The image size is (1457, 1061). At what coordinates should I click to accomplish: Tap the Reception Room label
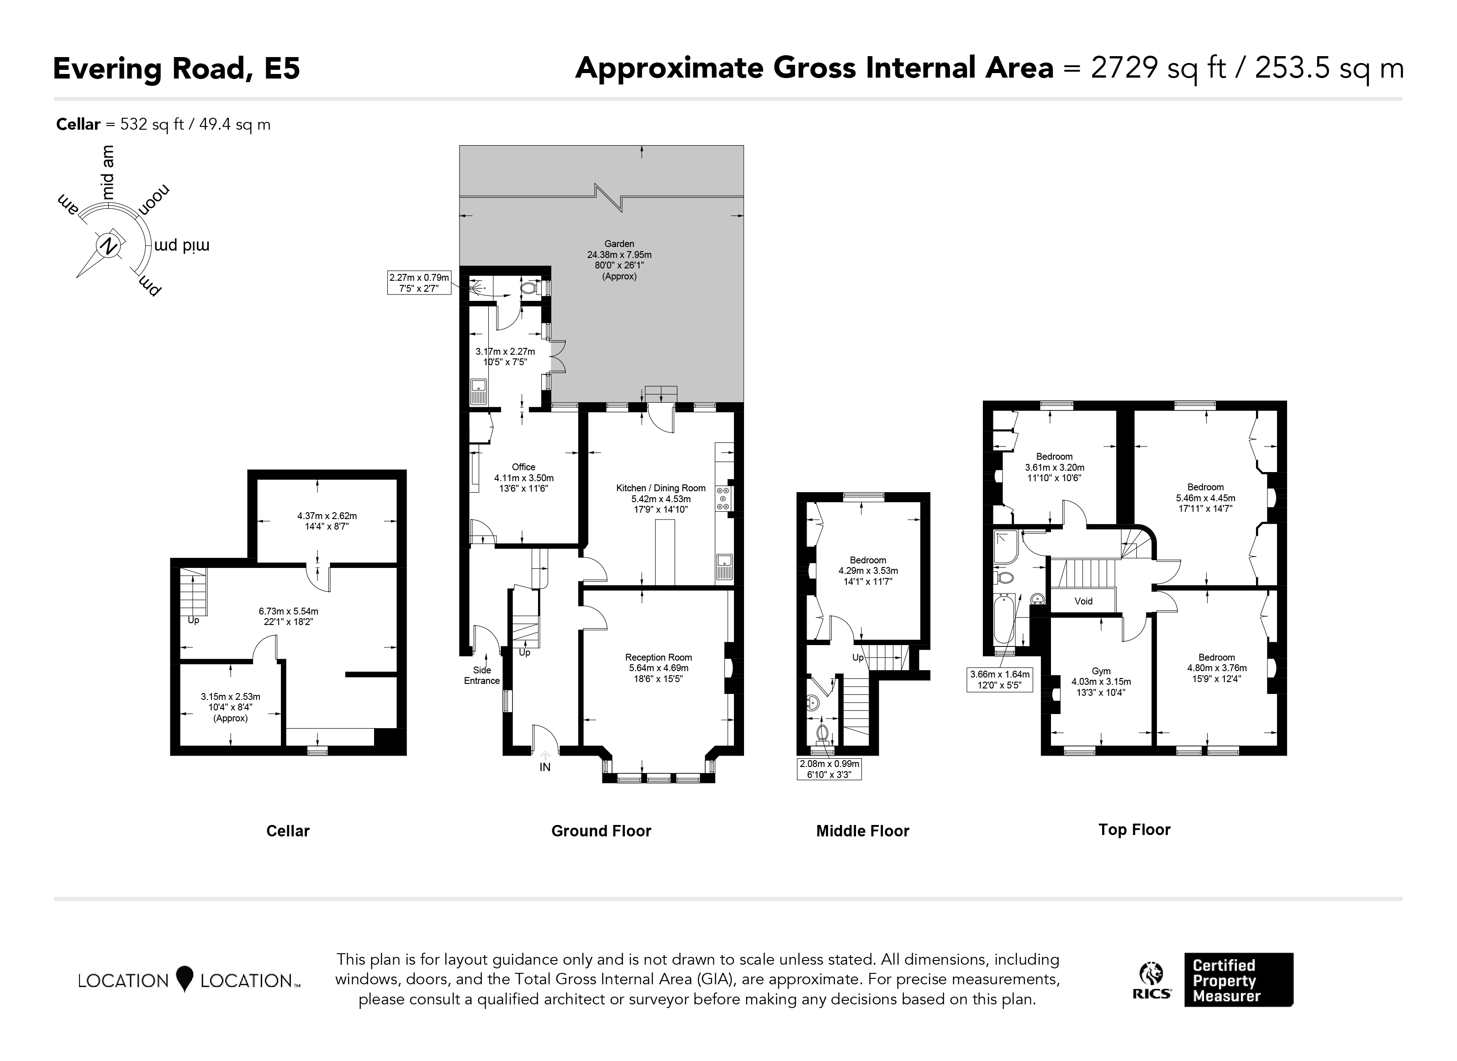(x=659, y=658)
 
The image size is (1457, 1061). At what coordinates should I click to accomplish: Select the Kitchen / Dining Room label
(x=661, y=488)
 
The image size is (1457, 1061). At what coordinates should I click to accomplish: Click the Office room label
(x=523, y=467)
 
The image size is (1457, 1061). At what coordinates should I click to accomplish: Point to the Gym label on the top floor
(x=1101, y=671)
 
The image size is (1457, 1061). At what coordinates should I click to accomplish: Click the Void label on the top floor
(x=1084, y=601)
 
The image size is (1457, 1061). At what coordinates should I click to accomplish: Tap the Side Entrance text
(x=482, y=676)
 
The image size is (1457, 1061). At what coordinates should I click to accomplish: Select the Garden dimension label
(x=619, y=260)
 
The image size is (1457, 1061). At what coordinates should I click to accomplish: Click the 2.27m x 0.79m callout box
(x=419, y=283)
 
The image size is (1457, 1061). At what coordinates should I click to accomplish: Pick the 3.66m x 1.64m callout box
(x=1000, y=679)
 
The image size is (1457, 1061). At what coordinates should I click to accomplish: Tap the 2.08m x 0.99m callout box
(x=829, y=769)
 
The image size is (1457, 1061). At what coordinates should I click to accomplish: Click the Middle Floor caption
(x=863, y=831)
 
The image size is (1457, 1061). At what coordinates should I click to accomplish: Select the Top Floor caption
(x=1135, y=830)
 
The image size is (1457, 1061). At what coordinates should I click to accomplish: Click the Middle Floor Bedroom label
(x=868, y=560)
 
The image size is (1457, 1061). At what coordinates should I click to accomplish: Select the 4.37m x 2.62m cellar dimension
(x=327, y=521)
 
